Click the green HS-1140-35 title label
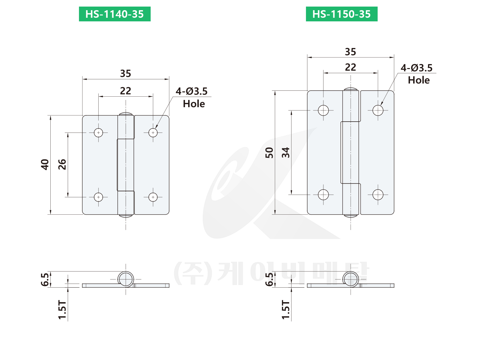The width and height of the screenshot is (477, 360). coord(114,14)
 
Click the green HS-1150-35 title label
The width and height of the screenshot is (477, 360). coord(341,14)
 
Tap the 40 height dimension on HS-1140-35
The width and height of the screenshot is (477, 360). coord(45,164)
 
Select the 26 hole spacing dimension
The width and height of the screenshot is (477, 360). coord(62,164)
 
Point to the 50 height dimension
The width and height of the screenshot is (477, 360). coord(269,153)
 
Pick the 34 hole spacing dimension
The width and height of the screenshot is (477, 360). coord(286,153)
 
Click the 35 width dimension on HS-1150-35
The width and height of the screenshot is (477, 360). coord(351,52)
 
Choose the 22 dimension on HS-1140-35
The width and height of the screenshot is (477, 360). coord(126,91)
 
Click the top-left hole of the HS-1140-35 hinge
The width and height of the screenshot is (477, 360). coord(98,132)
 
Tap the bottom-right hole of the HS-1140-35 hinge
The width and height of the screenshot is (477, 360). coord(153,197)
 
